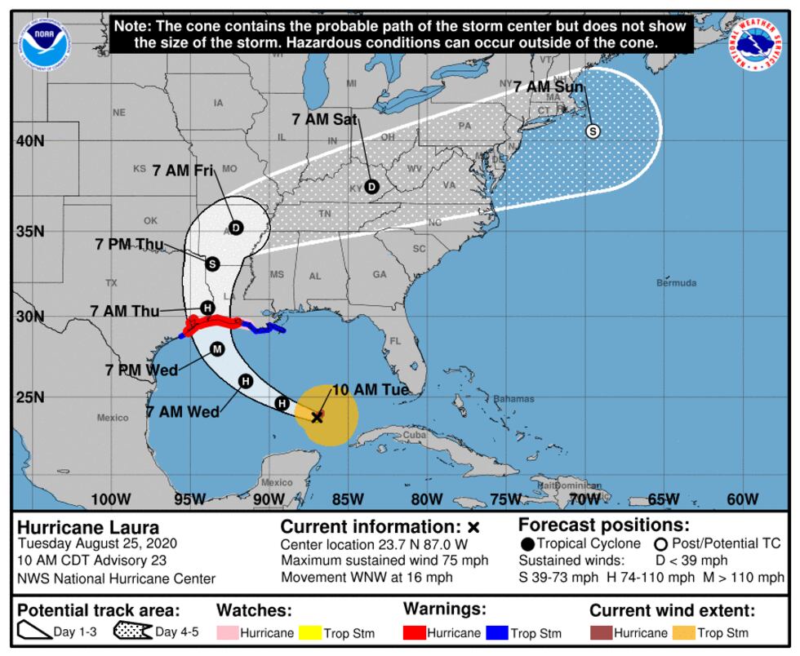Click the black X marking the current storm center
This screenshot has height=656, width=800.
click(x=318, y=417)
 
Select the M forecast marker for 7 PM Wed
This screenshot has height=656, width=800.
click(x=217, y=349)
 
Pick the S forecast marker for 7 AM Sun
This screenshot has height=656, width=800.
click(x=593, y=131)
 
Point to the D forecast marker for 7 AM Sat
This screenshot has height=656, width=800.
click(x=372, y=187)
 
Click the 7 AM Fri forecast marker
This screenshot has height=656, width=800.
click(x=236, y=228)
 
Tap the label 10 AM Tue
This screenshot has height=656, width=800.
click(x=370, y=390)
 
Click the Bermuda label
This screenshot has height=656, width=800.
click(x=676, y=283)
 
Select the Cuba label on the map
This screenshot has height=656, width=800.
click(x=415, y=436)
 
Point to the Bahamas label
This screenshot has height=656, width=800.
click(x=513, y=399)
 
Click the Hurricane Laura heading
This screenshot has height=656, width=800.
click(x=77, y=527)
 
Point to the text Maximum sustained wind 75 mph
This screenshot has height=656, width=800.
click(x=384, y=561)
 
